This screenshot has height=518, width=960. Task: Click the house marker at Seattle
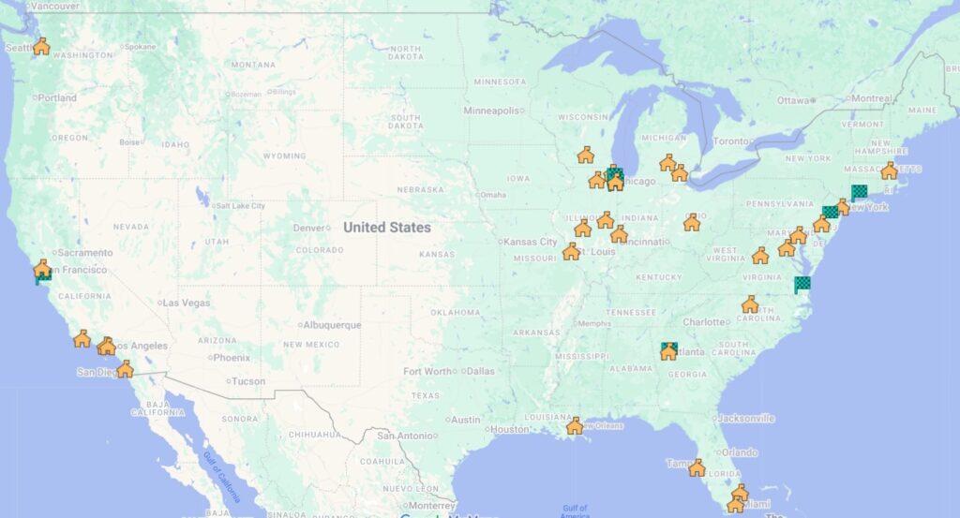coord(41,46)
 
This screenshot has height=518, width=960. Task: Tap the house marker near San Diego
coord(125,369)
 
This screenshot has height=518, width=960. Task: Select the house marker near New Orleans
coord(575,426)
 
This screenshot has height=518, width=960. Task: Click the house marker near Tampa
coord(697,466)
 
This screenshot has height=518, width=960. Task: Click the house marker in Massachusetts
coord(889,170)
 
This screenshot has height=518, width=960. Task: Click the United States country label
coord(386,228)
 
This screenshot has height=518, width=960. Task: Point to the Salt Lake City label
coord(240,206)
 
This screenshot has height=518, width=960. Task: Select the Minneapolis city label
coord(491,111)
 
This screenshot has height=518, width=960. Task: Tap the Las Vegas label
coord(187,303)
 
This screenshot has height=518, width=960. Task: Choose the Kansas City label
coord(531,242)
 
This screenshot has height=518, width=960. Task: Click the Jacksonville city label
coord(747,418)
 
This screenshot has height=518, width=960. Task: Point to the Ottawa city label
coord(792,100)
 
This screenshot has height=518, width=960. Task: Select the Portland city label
coord(57,97)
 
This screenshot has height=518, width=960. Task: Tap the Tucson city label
coord(248,381)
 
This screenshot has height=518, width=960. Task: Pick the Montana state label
coord(252,65)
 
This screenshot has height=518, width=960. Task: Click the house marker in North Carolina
coord(750,304)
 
